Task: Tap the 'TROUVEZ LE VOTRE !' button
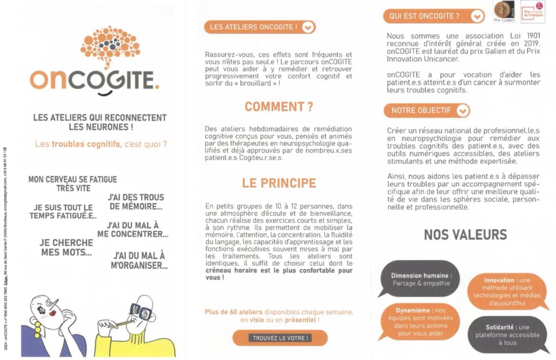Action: tap(280, 338)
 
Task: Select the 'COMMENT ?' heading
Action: tap(279, 107)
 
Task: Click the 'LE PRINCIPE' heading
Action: tap(279, 183)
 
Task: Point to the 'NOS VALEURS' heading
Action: tap(465, 235)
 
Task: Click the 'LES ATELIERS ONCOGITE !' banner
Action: tap(260, 27)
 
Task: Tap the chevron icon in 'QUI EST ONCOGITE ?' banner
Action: tap(477, 16)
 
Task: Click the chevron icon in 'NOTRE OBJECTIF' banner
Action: tap(463, 110)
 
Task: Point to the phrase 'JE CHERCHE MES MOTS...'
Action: tap(66, 248)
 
